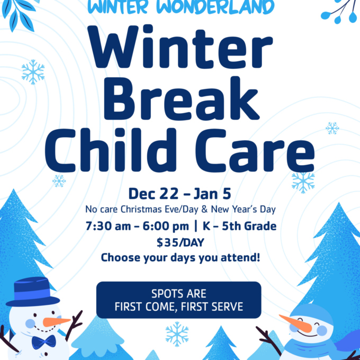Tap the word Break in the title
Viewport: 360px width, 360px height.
(x=179, y=99)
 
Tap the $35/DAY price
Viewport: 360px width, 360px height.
(x=179, y=243)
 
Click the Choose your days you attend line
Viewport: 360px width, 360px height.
(x=179, y=258)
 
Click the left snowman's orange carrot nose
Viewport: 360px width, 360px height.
(x=56, y=321)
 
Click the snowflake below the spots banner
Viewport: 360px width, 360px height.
(x=177, y=334)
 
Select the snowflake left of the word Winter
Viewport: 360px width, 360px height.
(x=33, y=72)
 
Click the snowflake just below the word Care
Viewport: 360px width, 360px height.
(x=303, y=182)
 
